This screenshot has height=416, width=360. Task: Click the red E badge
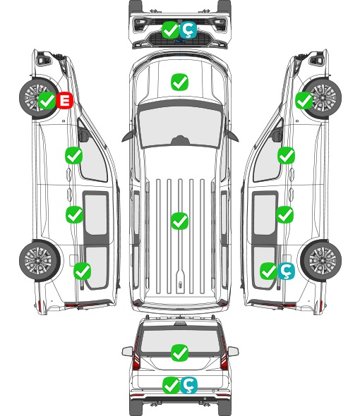[64, 100]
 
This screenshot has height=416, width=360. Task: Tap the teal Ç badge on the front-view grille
[188, 30]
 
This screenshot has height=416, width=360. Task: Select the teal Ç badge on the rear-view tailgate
[188, 385]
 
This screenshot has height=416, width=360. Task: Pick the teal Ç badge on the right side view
[286, 271]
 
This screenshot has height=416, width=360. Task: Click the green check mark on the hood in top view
[179, 82]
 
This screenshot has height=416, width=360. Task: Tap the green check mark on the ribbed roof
[179, 221]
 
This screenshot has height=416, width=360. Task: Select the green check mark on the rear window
[179, 353]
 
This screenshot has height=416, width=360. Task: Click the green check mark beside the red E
[47, 100]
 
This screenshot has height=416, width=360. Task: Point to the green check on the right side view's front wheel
[304, 100]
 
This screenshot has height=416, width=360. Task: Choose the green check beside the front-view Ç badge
[171, 30]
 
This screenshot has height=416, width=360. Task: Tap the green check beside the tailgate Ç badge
[171, 385]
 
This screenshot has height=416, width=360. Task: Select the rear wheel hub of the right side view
[323, 261]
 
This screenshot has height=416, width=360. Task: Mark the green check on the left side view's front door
[74, 155]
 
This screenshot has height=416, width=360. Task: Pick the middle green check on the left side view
[74, 214]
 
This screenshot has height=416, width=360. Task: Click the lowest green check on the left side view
[82, 271]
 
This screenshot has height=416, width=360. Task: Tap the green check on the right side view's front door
[286, 155]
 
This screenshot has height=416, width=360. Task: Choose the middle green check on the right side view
[284, 214]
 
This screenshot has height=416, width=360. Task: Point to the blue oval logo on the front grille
[179, 41]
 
